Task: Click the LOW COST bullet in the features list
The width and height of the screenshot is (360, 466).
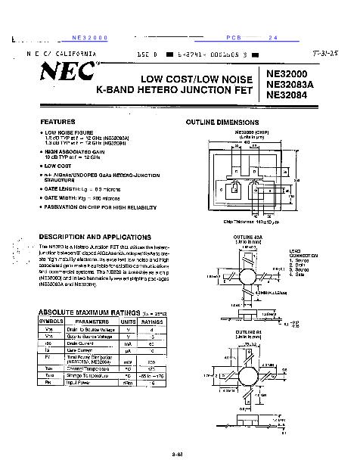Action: click(x=60, y=165)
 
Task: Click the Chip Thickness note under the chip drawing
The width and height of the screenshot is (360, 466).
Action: click(x=251, y=222)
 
